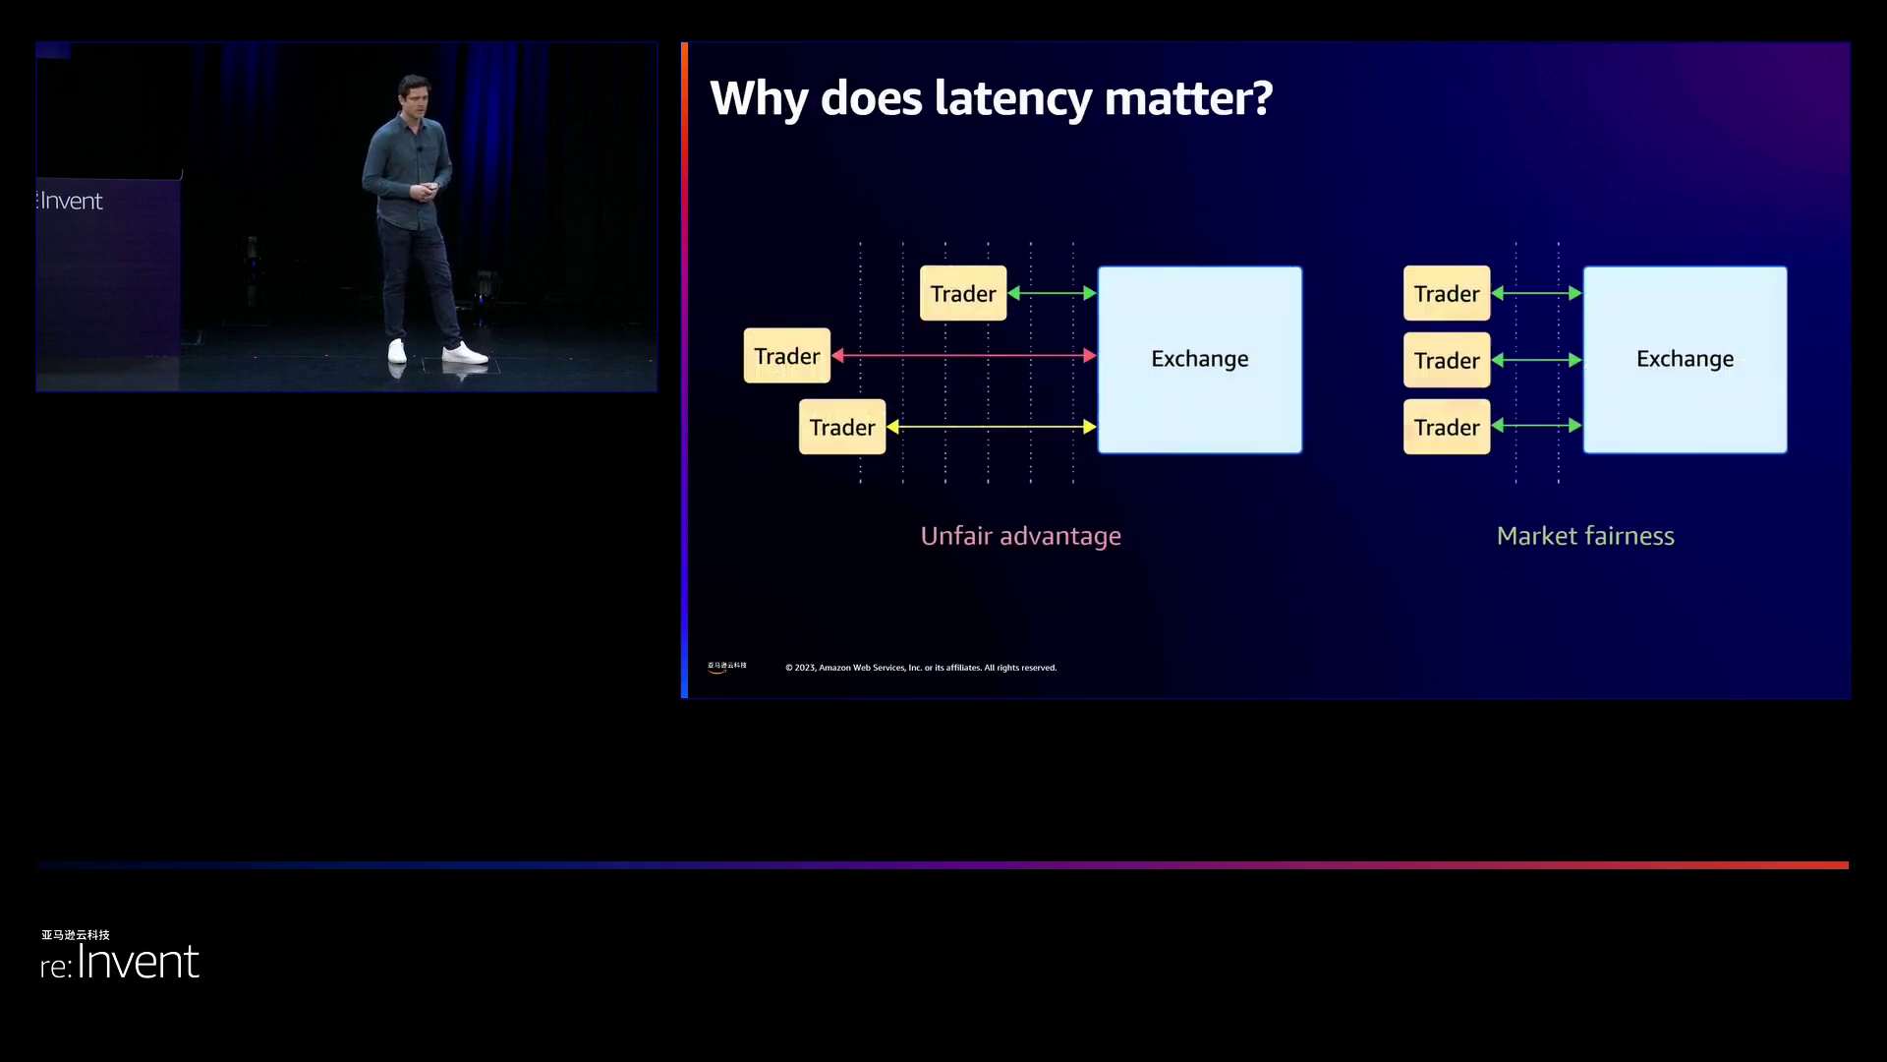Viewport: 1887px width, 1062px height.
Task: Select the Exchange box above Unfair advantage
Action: coord(1199,359)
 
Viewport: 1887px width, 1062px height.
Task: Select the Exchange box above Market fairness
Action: coord(1685,359)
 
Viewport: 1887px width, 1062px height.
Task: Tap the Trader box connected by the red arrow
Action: coord(786,356)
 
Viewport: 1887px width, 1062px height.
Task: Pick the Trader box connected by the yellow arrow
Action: coord(842,427)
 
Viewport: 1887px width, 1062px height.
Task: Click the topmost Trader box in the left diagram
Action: coord(963,293)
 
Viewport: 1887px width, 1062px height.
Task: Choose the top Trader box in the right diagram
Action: coord(1447,293)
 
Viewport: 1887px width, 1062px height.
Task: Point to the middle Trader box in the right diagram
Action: coord(1447,360)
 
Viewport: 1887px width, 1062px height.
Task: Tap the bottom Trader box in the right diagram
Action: coord(1447,427)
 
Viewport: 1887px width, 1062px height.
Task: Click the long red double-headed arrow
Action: coord(963,355)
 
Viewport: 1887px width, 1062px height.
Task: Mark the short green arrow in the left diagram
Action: coord(1052,293)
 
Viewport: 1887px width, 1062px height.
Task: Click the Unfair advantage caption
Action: coord(1020,536)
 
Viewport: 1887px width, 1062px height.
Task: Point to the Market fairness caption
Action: coord(1584,536)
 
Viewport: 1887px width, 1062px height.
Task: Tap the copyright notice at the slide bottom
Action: coord(921,668)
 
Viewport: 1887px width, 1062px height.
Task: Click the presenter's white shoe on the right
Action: coord(464,353)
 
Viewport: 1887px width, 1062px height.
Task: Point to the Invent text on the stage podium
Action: coord(71,202)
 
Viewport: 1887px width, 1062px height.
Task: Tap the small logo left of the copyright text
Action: coord(726,667)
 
